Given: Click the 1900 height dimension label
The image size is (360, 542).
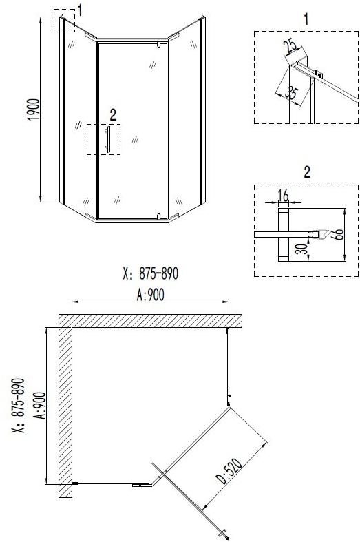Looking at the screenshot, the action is click(x=34, y=110).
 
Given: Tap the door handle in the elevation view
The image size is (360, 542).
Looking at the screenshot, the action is click(x=108, y=139).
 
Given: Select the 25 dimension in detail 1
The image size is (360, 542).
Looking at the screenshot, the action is click(x=290, y=47).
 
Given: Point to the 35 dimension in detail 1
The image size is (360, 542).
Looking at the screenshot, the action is click(x=293, y=94).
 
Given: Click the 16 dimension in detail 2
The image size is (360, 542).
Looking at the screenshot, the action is click(x=284, y=196).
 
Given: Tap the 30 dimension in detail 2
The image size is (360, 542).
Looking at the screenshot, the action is click(x=301, y=249).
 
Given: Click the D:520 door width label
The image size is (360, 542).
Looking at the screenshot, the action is click(x=229, y=470).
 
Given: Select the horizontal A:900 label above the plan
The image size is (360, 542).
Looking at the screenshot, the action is click(x=150, y=295).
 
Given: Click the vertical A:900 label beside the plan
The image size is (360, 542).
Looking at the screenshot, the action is click(x=40, y=406).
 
